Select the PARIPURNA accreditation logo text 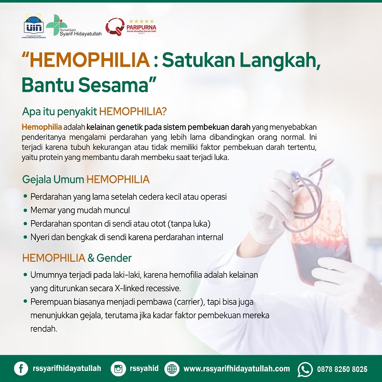tap(142, 27)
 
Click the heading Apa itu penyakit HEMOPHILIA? tap(95, 112)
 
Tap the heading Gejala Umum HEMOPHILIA tap(86, 180)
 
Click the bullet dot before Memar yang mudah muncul tap(25, 211)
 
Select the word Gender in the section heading tap(114, 258)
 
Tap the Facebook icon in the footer tap(21, 369)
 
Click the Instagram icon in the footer tap(118, 369)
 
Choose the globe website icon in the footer tap(172, 369)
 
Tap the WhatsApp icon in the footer tap(305, 369)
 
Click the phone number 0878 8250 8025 tap(342, 369)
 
